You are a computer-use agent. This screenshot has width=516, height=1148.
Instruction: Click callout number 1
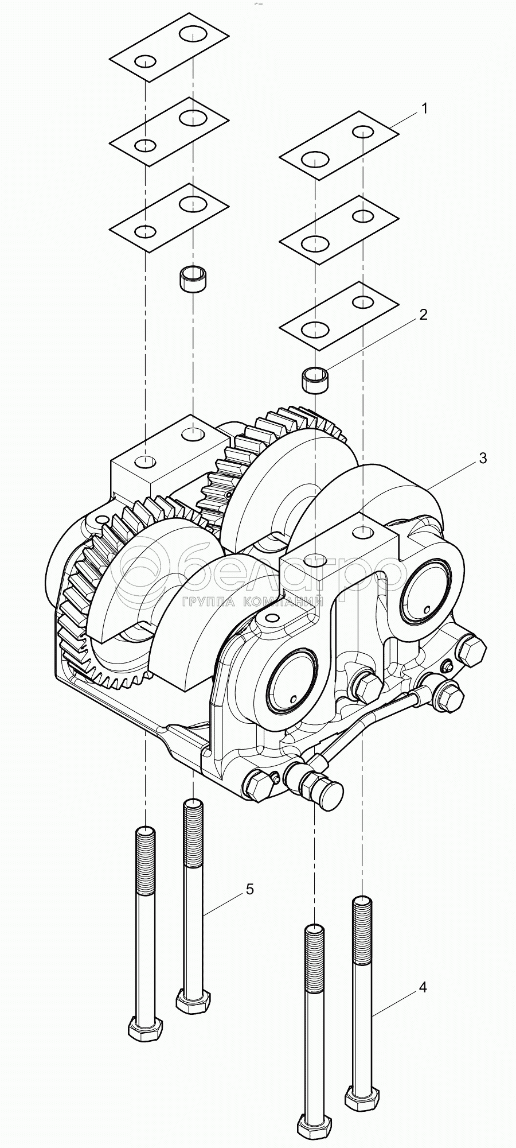[424, 108]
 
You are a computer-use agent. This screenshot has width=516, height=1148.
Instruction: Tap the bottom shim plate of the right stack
[339, 315]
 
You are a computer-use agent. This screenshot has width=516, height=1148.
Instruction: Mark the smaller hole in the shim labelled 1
[362, 132]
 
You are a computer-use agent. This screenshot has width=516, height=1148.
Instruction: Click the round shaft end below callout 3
[425, 595]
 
